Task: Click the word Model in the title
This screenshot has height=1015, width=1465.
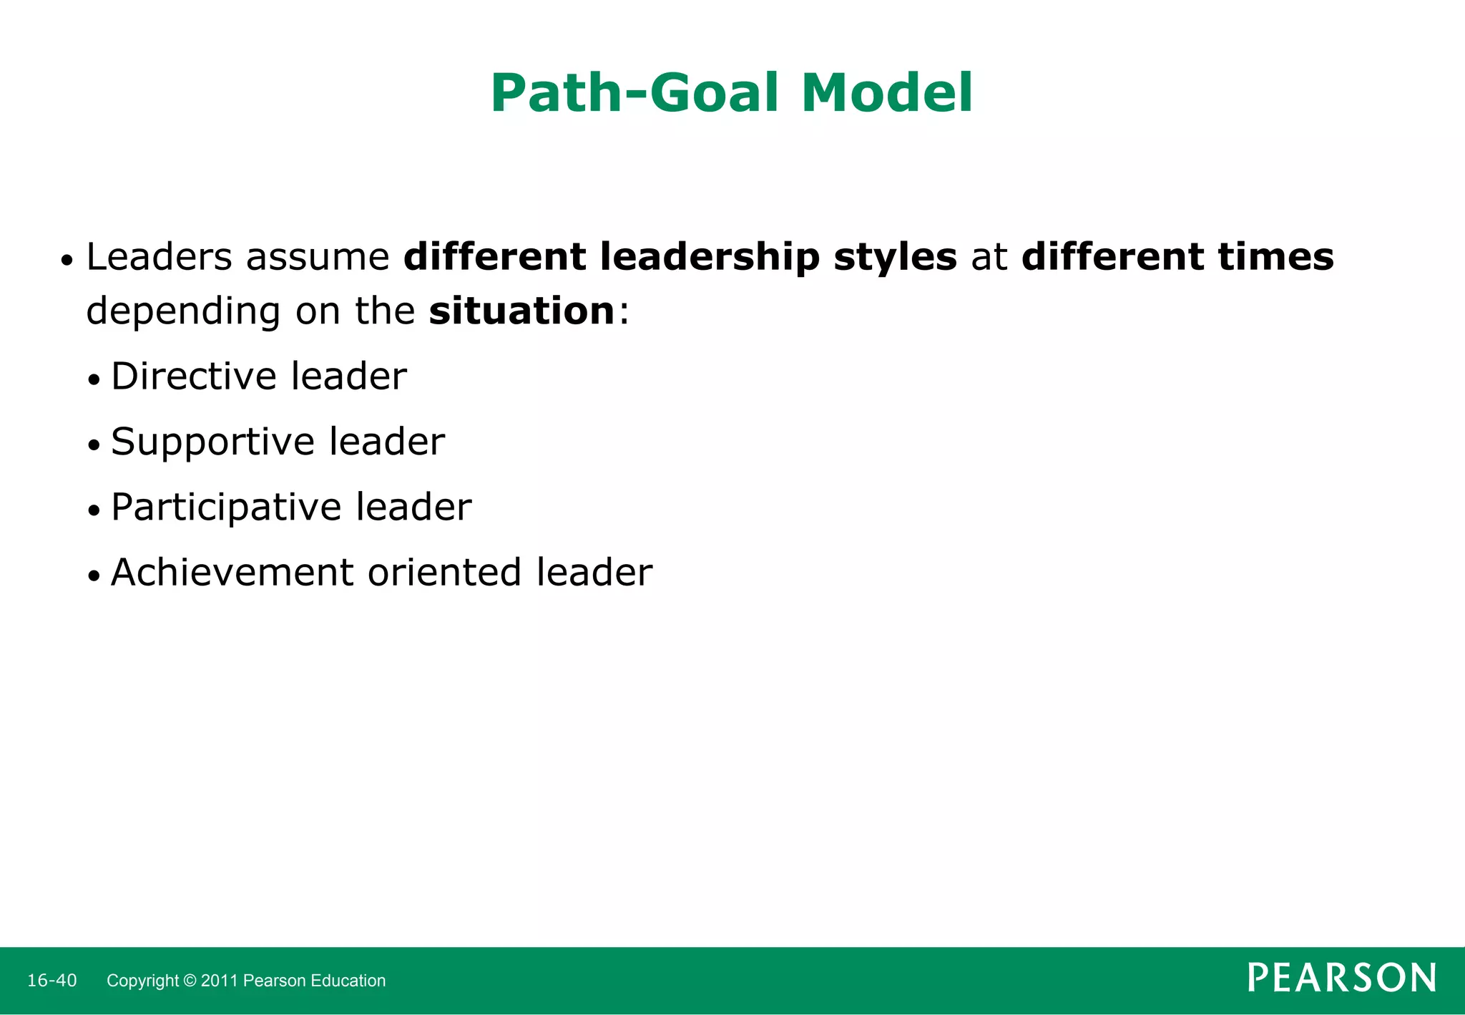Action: point(887,93)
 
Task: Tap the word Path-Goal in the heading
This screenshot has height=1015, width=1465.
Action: point(634,93)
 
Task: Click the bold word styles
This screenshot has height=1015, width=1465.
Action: point(895,258)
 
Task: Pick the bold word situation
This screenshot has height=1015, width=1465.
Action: point(521,311)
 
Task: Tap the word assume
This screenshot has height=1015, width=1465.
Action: point(318,258)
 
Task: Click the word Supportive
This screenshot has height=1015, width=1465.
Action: point(212,442)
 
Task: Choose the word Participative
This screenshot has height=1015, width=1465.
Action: point(226,507)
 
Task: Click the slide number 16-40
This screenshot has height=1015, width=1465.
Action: point(52,981)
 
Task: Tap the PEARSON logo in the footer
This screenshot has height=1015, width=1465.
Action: point(1341,978)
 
